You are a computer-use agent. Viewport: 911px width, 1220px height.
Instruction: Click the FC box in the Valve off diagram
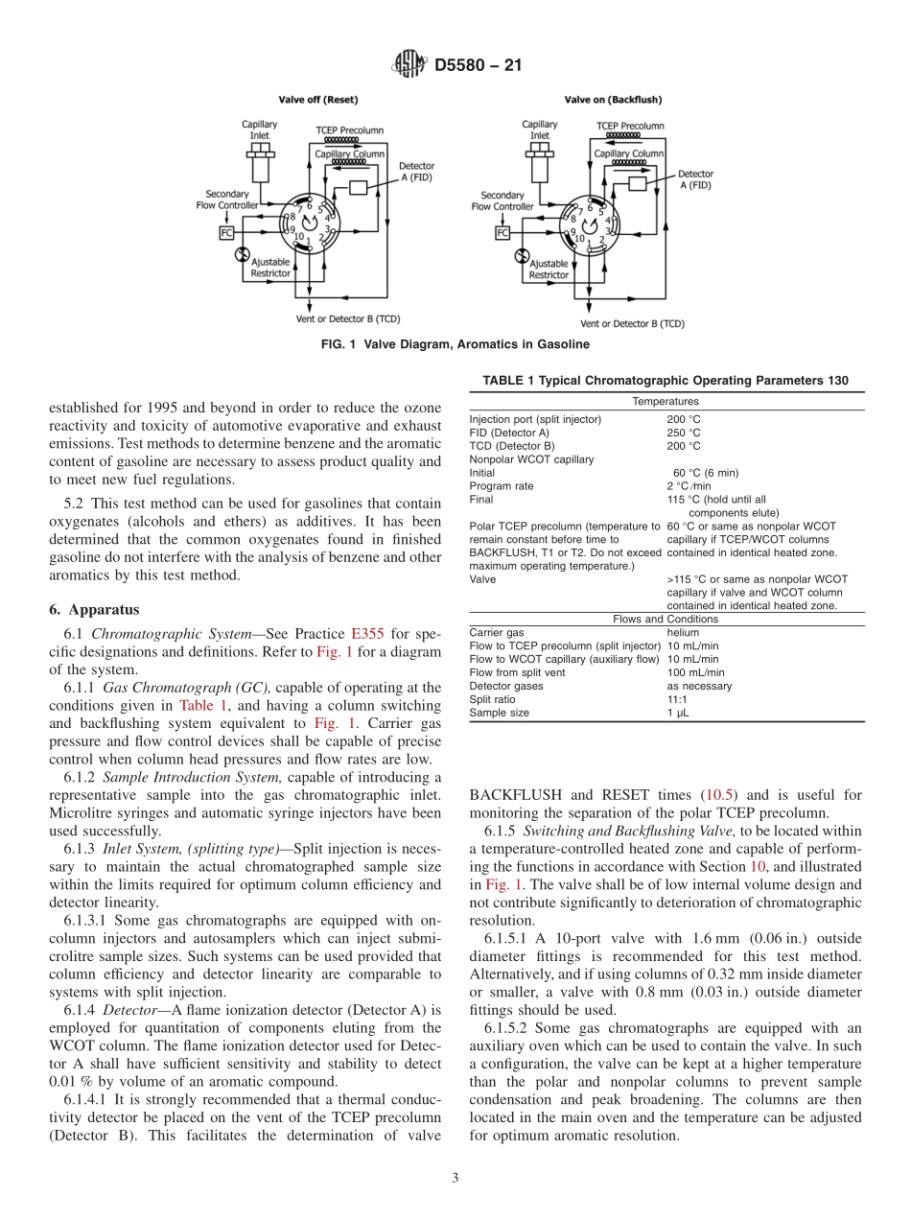(227, 232)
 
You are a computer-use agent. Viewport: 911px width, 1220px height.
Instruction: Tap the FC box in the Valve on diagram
(502, 232)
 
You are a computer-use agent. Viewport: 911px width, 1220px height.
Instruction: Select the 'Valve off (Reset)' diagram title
(318, 100)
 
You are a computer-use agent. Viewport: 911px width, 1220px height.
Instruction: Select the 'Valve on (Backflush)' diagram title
(613, 100)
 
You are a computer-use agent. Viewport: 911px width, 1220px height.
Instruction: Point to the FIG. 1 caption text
(455, 344)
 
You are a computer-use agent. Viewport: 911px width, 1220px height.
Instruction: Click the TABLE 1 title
(665, 381)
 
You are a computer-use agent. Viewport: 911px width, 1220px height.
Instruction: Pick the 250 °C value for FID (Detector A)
(684, 433)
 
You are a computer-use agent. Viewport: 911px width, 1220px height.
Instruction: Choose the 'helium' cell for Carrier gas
(684, 633)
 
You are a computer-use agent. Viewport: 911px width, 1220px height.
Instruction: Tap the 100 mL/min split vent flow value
(695, 673)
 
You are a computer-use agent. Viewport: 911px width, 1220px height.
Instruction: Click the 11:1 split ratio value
(678, 700)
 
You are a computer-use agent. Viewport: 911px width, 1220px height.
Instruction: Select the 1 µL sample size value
(678, 714)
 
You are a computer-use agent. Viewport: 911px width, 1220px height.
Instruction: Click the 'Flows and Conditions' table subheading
(665, 620)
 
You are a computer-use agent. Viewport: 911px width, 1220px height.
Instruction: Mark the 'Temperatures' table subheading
(665, 402)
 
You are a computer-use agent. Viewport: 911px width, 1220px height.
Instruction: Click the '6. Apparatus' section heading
(94, 610)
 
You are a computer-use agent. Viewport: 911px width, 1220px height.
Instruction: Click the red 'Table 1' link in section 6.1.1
(199, 705)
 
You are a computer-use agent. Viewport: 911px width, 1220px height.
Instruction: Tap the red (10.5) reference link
(721, 795)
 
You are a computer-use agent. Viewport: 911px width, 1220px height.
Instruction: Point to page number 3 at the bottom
(455, 1178)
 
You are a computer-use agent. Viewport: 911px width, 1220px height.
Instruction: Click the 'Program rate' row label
(501, 486)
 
